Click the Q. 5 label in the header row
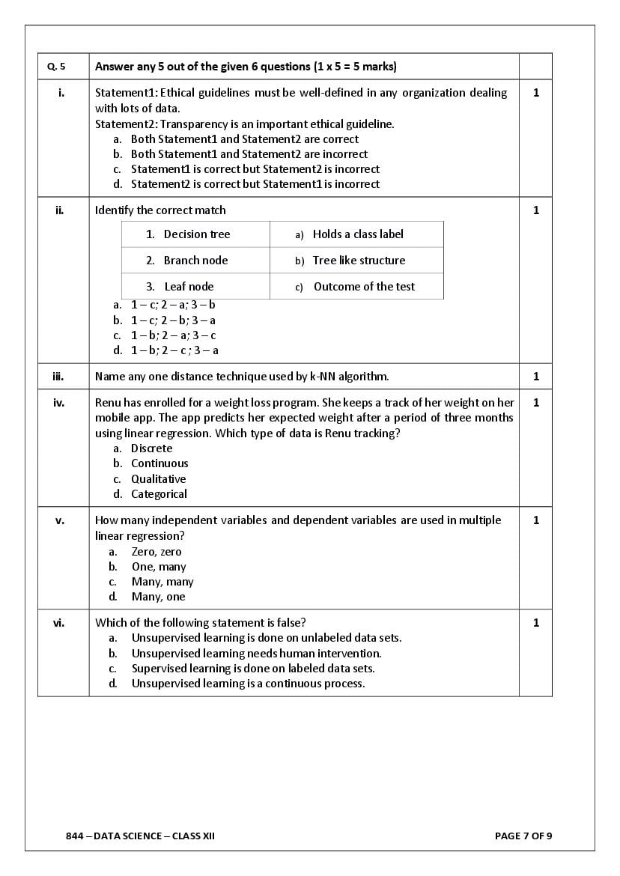click(x=56, y=67)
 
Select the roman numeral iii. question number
click(x=58, y=377)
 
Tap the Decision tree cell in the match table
click(x=196, y=234)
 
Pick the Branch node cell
click(x=195, y=261)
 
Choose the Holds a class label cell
click(x=357, y=234)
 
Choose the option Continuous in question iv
click(x=159, y=463)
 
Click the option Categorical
click(x=159, y=494)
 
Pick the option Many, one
click(x=158, y=597)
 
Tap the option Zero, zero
click(x=156, y=552)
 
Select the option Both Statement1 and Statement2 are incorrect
click(x=249, y=154)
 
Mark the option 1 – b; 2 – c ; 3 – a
click(x=174, y=350)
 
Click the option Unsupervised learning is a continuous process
click(x=248, y=684)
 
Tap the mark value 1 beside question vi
click(x=535, y=623)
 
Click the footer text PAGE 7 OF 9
click(x=523, y=836)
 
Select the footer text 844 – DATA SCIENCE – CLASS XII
click(x=140, y=836)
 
